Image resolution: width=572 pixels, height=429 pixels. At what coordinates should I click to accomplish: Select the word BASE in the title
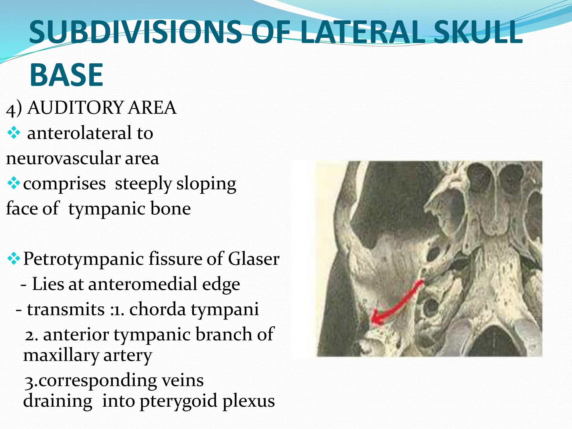66,75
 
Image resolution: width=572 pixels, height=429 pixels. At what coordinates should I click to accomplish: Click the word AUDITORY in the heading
75,108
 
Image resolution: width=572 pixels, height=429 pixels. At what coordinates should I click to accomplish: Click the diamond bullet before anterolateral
13,133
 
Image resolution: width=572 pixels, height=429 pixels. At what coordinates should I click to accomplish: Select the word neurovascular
63,158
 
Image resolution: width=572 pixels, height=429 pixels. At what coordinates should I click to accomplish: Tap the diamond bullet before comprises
13,183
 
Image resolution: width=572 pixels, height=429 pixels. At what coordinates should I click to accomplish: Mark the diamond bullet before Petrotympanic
13,259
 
